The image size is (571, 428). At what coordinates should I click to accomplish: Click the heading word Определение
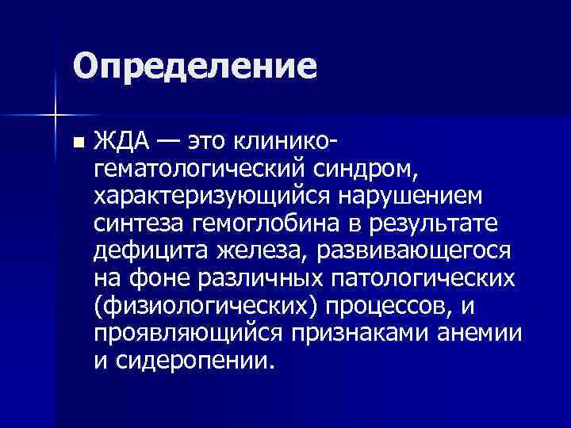pyautogui.click(x=194, y=66)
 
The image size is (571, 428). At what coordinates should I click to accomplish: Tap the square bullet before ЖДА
pyautogui.click(x=76, y=143)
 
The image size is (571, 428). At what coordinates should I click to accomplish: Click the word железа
pyautogui.click(x=258, y=250)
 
